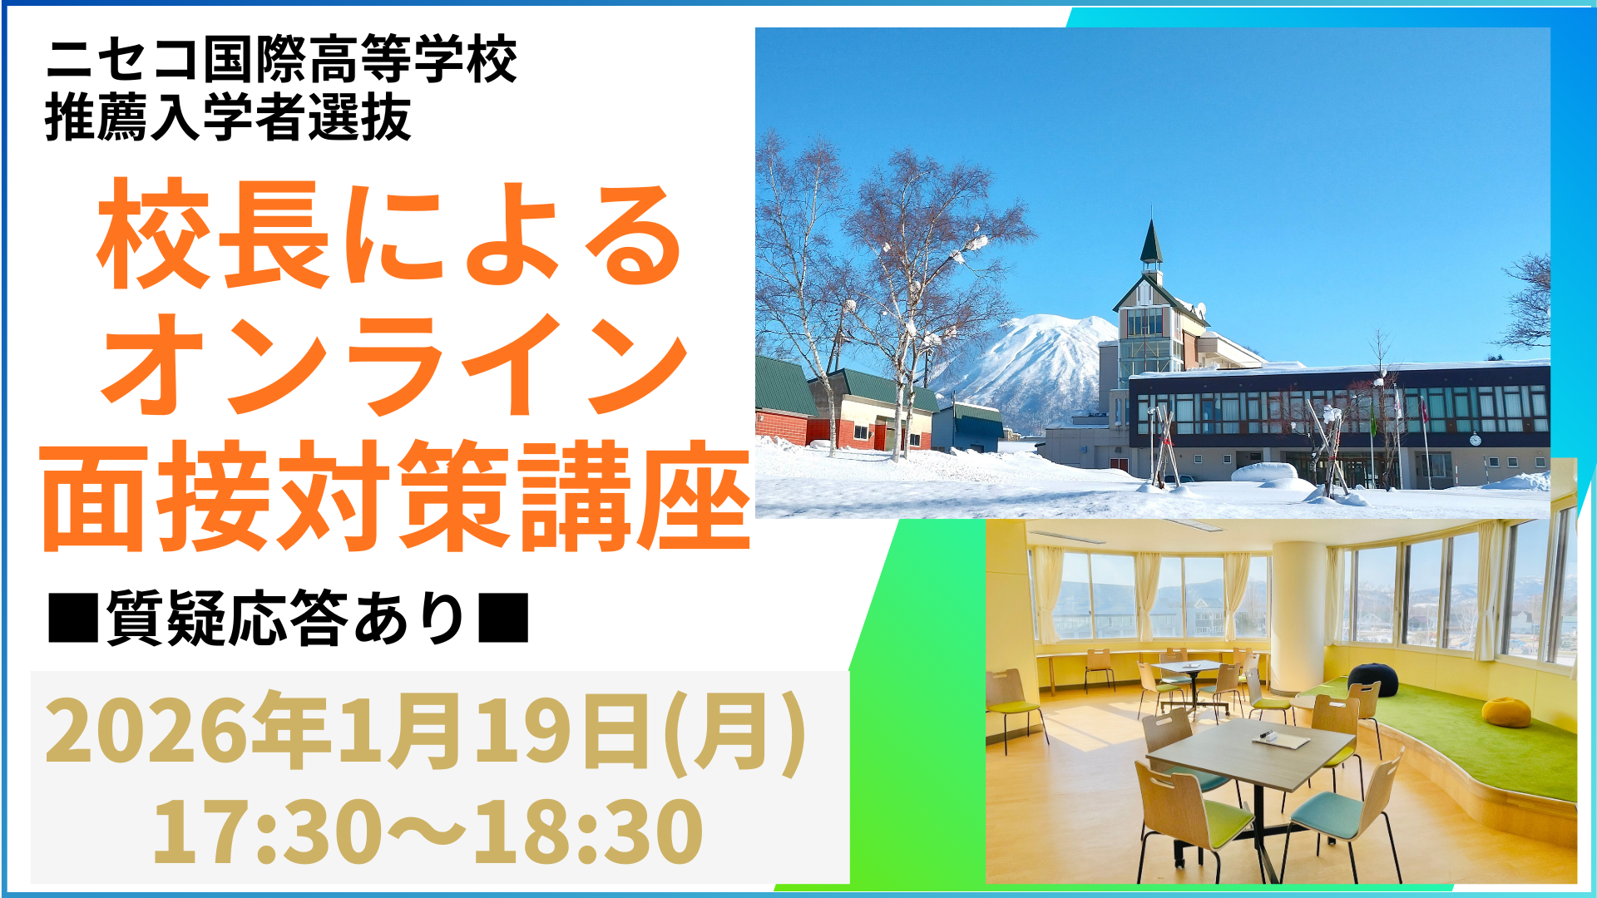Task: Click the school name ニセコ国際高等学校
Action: point(281,60)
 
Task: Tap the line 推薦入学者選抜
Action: point(229,117)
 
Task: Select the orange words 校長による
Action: point(390,234)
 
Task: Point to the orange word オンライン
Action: point(394,364)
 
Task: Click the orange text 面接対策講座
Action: point(396,496)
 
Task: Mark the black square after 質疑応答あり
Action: point(503,617)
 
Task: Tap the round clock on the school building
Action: point(1475,439)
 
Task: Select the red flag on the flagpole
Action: point(1424,409)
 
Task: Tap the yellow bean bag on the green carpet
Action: point(1506,712)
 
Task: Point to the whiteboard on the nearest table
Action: point(1281,738)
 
